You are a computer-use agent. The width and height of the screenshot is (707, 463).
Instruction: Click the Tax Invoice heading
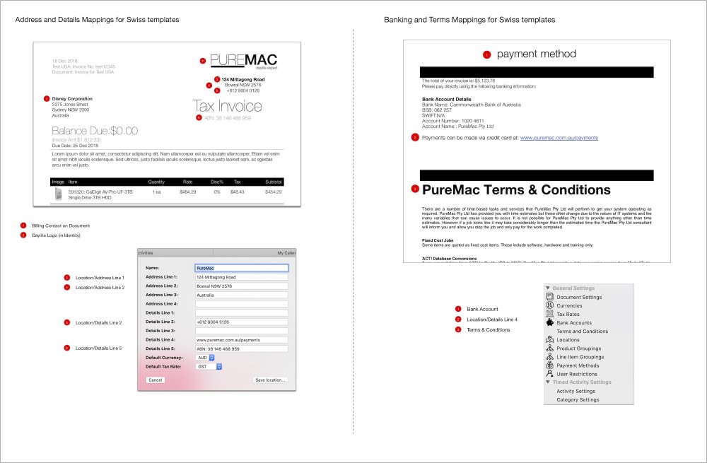coord(227,107)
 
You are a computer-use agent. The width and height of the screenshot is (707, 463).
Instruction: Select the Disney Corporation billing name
coord(72,99)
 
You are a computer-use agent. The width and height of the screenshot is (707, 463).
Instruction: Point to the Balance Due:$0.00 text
coord(95,131)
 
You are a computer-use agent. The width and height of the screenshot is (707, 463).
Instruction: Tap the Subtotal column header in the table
coord(273,182)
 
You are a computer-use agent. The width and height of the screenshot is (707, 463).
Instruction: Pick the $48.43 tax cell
coord(237,192)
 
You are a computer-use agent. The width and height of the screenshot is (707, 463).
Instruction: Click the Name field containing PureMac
coord(241,269)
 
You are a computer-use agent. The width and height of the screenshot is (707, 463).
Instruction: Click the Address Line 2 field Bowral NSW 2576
coord(241,286)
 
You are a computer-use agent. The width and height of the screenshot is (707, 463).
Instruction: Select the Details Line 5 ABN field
coord(241,348)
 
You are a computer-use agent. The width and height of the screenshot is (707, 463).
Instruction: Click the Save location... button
coord(270,380)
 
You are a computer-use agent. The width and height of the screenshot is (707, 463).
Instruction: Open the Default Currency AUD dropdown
coord(206,358)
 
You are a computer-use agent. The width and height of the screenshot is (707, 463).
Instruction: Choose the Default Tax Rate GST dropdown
coord(209,367)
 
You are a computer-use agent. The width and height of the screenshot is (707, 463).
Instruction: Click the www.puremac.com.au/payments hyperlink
coord(559,138)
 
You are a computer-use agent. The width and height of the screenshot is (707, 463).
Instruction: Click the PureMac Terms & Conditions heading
coord(516,189)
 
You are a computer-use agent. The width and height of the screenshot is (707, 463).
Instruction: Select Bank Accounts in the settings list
coord(573,322)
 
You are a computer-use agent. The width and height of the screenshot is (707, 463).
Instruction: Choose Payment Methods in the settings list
coord(577,365)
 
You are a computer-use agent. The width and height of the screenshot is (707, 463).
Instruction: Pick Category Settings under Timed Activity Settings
coord(577,400)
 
